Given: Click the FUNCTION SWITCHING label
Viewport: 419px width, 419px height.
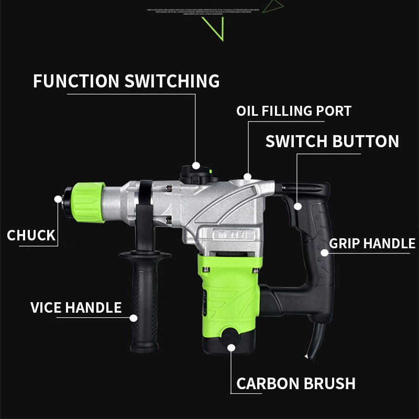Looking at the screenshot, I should pos(126,81).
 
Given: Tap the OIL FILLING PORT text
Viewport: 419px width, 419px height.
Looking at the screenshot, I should pos(294,111).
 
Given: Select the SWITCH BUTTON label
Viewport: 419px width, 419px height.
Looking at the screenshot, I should pos(332,141).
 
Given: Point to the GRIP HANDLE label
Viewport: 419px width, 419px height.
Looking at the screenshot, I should pos(372,244).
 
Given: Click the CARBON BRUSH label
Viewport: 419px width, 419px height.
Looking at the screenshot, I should pos(296,383).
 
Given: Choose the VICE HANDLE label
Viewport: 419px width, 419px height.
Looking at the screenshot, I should pos(76,307).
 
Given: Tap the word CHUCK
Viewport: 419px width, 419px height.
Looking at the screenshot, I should pos(31,235).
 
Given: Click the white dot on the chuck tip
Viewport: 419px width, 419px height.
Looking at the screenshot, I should pos(58,199).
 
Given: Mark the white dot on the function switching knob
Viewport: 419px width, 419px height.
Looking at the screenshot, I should pos(196,165).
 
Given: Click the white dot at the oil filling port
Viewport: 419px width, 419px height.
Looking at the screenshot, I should pos(247,177).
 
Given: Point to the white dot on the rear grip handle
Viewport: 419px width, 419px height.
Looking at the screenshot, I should pos(324,253).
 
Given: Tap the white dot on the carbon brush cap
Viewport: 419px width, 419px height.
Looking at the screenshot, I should pos(231,346).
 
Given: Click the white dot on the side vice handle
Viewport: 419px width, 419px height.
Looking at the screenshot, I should pos(134,317).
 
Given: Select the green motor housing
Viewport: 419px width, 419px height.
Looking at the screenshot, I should pos(228,293).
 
